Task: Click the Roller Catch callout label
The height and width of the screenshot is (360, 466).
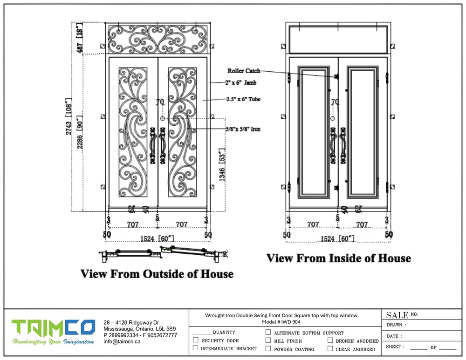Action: pos(244,71)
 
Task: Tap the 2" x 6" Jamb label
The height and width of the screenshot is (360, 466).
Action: pos(240,83)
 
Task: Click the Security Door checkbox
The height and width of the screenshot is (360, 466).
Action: pos(196,340)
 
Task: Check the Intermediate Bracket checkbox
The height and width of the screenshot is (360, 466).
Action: pos(196,348)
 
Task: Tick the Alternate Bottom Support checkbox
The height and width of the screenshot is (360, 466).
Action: pos(268,332)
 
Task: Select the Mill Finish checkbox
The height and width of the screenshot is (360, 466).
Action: pos(268,340)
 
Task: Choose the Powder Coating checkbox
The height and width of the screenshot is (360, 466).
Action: pos(268,348)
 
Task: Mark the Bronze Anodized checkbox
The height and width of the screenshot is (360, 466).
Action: pos(330,340)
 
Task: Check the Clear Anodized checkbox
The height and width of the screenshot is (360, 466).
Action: pos(330,348)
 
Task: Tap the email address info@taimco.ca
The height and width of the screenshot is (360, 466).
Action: pos(122,341)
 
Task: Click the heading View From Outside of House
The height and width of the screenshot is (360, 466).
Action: pos(157,274)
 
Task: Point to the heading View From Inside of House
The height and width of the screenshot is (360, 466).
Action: pos(338,258)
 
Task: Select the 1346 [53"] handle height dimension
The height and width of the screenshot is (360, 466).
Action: pos(223,165)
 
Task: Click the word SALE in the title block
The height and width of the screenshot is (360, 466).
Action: pos(397,315)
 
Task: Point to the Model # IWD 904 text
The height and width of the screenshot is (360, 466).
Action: pos(281,322)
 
